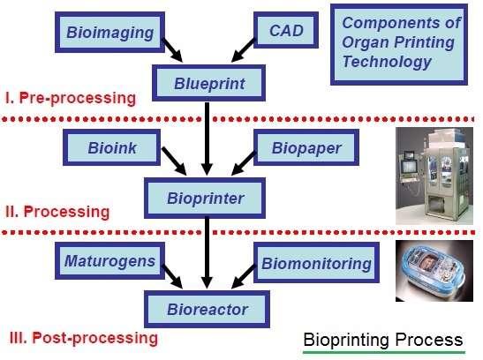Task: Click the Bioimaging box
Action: click(110, 34)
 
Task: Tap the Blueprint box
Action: click(206, 84)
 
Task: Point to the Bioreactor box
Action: click(208, 310)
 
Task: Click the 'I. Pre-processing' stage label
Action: click(72, 97)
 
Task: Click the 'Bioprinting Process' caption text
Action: click(382, 340)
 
